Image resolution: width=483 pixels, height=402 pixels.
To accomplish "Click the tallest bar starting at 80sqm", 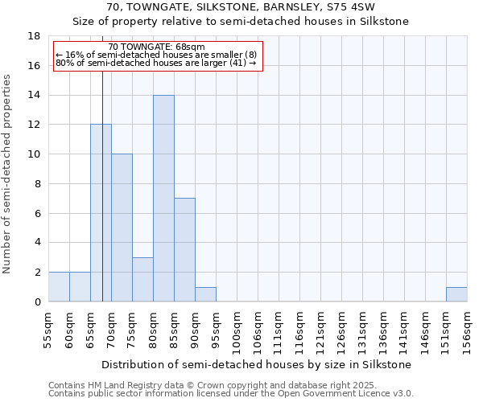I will [x=163, y=199].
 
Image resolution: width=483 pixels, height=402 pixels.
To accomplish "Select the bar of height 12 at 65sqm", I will [x=101, y=213].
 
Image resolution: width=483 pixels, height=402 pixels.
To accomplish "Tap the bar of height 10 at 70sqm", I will [x=122, y=228].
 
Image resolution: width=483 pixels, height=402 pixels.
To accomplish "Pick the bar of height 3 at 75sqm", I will [x=142, y=279].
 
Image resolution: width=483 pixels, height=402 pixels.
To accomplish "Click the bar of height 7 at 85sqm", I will [x=184, y=250].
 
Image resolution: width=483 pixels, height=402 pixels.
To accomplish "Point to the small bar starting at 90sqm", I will [x=205, y=294].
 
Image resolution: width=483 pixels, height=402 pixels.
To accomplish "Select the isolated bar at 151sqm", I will [x=456, y=294].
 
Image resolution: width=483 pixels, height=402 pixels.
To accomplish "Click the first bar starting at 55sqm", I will [x=59, y=287].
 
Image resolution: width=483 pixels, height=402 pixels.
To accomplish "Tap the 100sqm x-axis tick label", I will [x=237, y=330].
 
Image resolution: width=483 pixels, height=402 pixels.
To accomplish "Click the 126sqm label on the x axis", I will [x=342, y=330].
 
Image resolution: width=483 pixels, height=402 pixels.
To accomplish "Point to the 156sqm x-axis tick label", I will [x=468, y=330].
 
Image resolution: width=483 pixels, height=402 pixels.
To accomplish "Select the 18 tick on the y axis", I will [x=35, y=36].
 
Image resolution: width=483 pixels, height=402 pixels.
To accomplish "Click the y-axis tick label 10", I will [x=35, y=154].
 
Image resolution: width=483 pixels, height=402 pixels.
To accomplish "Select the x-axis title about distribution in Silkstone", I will [x=258, y=364].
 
